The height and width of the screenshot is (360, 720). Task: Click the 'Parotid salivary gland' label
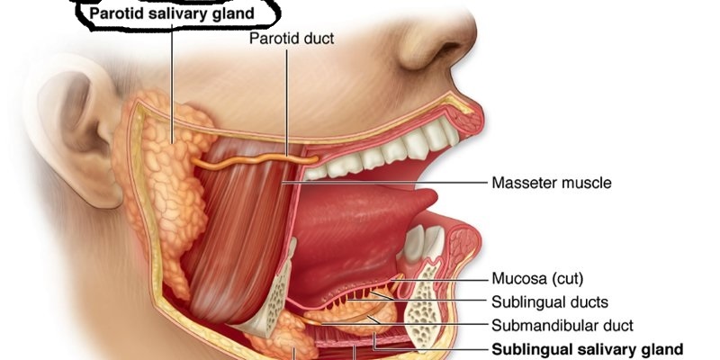point(171,13)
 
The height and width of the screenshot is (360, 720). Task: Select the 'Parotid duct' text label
point(292,39)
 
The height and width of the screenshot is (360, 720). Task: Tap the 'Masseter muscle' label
point(551,183)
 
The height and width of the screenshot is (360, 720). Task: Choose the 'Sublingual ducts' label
point(549,301)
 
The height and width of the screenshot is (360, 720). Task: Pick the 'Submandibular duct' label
point(562,325)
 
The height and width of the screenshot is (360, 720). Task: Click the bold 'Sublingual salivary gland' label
point(586,349)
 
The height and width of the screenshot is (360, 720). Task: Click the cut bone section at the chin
point(423,306)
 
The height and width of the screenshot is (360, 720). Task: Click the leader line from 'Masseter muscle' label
point(387,183)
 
